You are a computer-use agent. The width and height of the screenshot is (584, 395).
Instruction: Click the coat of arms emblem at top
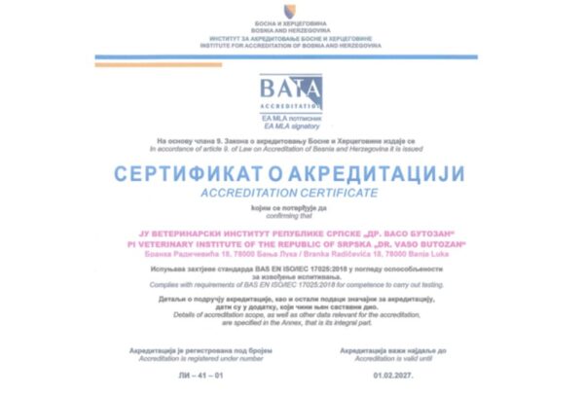coord(287,11)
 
